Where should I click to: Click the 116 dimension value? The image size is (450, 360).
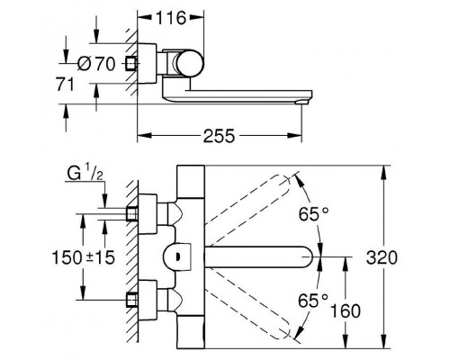171,18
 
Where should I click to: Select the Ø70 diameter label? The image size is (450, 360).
96,64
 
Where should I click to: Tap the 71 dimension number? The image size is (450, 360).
65,85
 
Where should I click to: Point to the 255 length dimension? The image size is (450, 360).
219,136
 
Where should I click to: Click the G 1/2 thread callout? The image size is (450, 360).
85,174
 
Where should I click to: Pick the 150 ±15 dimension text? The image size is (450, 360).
84,257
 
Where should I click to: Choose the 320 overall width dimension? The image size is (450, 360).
382,257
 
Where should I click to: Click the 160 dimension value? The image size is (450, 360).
345,310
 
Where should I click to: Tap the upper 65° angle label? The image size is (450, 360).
314,213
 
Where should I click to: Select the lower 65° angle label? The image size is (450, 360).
313,301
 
